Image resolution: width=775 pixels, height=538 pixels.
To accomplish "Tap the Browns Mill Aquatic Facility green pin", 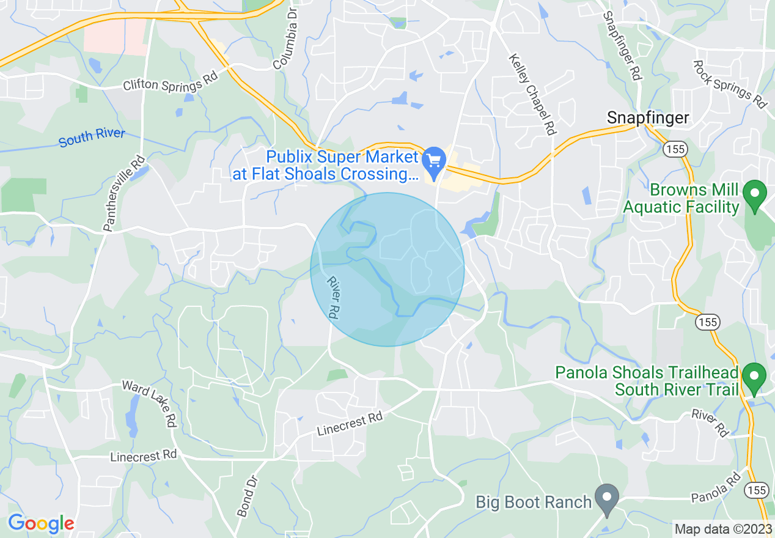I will (x=754, y=194).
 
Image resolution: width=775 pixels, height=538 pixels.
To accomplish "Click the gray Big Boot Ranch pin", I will (x=607, y=497).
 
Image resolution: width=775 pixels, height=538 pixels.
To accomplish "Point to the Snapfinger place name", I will (x=648, y=117).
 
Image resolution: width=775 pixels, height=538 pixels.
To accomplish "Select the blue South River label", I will (x=92, y=138).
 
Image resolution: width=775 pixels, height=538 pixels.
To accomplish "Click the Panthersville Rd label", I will (x=125, y=193).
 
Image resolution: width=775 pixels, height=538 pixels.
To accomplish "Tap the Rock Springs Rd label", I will (x=729, y=84).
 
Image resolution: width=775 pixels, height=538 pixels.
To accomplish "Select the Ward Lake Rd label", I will (x=149, y=403).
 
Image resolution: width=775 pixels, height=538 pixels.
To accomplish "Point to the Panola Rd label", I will (x=715, y=487).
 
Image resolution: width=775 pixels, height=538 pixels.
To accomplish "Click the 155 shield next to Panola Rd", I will (x=756, y=490).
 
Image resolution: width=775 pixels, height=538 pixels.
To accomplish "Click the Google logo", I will (x=41, y=523).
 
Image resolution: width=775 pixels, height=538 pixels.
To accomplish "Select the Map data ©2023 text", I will (x=722, y=528).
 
